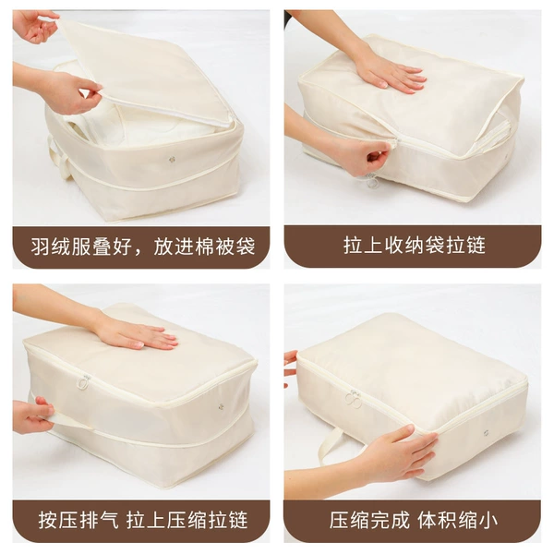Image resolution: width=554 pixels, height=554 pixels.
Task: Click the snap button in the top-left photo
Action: [172, 160]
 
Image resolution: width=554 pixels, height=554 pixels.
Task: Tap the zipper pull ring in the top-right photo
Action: [371, 182]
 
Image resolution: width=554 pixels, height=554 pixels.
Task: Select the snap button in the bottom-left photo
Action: [222, 407]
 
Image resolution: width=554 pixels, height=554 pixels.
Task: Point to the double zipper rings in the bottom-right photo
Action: [354, 399]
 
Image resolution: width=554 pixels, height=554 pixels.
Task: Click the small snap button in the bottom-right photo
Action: [487, 432]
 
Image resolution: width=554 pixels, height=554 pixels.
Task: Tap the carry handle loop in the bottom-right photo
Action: [329, 446]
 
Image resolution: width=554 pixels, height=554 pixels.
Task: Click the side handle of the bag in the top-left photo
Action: [59, 157]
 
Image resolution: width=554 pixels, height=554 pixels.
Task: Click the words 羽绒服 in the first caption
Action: [61, 247]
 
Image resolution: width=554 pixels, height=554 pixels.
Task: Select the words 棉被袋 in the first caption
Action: [224, 247]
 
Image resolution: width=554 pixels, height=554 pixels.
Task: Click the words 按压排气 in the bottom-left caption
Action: [78, 520]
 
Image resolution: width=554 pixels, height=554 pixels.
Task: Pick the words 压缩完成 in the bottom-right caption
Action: [369, 520]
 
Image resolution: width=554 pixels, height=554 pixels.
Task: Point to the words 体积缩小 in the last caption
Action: [458, 520]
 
